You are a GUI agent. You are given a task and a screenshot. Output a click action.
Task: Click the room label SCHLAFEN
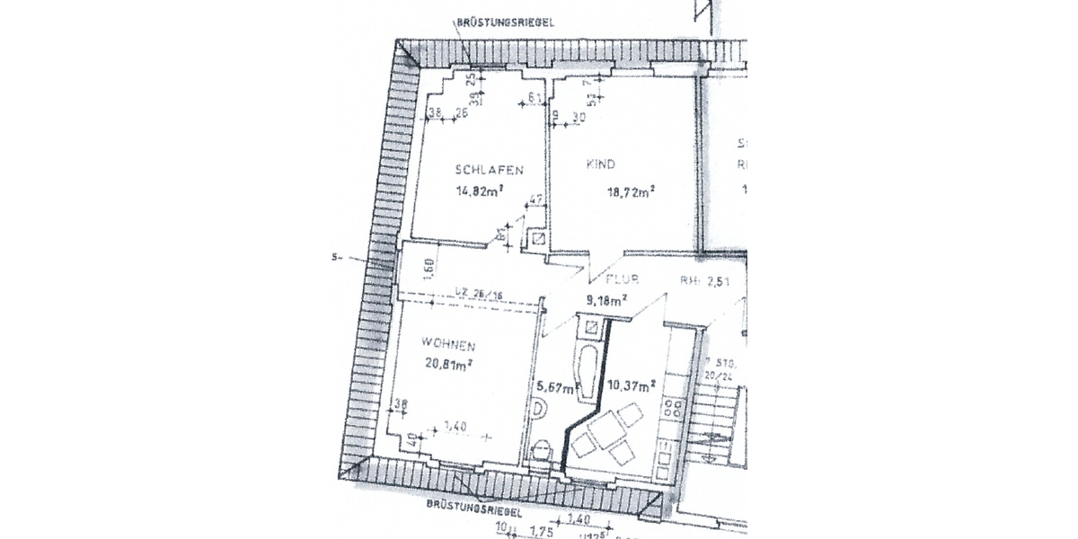[x=489, y=171]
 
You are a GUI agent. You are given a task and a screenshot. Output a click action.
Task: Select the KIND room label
[x=600, y=165]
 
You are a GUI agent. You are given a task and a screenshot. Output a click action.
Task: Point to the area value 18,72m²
[x=628, y=190]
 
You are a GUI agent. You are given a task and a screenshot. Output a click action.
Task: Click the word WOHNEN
[x=447, y=344]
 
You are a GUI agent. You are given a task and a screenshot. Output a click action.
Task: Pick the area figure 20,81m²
[x=447, y=363]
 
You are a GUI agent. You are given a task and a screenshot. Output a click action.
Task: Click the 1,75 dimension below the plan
[x=538, y=531]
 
